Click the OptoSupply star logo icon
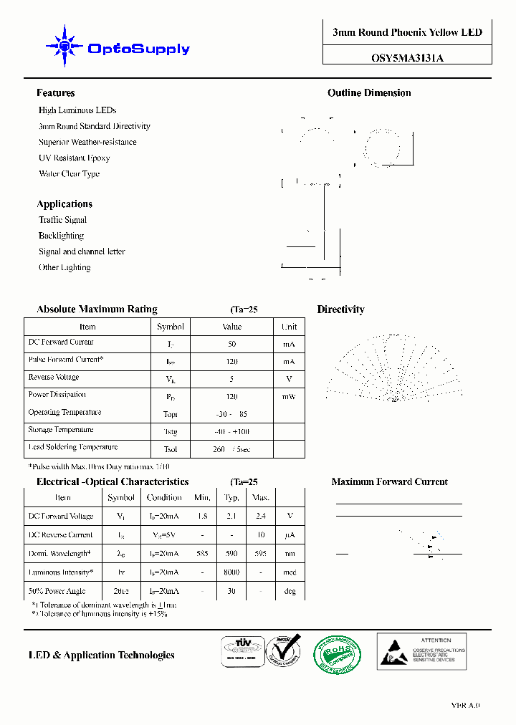coord(65,47)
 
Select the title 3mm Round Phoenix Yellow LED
coord(407,32)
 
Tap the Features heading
coord(55,93)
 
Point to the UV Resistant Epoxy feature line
coord(74,158)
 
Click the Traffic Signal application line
coord(62,220)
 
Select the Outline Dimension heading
coord(369,93)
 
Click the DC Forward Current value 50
coord(231,344)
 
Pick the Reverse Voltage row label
coord(54,378)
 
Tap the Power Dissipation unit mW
coord(288,396)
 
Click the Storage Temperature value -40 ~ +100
coord(232,432)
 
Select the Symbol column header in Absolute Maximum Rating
coord(171,327)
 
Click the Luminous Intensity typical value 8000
coord(231,572)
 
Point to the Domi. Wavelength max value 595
coord(261,554)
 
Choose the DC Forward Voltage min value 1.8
coord(202,516)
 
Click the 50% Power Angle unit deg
coord(290,592)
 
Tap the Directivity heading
coord(340,309)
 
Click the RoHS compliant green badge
coord(337,654)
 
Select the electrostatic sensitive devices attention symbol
coord(393,653)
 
